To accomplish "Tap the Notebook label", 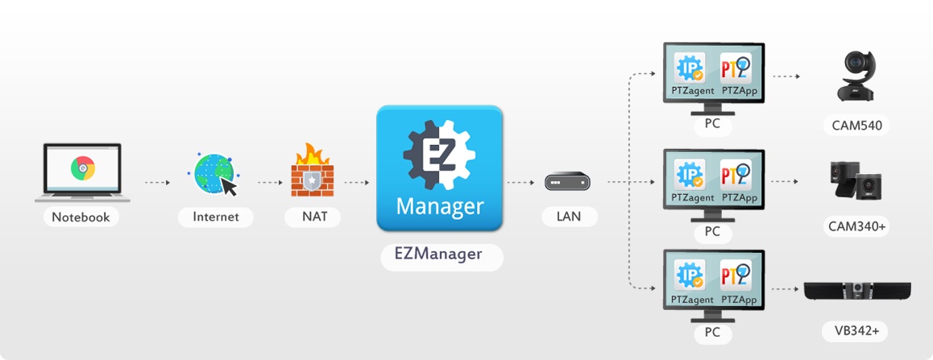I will coord(81,217).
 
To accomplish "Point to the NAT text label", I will coord(312,217).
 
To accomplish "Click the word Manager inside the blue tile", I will coord(440,206).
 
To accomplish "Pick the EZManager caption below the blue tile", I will coord(440,254).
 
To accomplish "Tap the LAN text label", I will coord(569,216).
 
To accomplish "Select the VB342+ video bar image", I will coord(857,291).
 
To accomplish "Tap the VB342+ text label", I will coord(856,330).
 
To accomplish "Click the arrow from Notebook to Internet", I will coord(157,183).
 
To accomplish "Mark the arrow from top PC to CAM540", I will coord(786,77).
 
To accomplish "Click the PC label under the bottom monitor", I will coord(712,333).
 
